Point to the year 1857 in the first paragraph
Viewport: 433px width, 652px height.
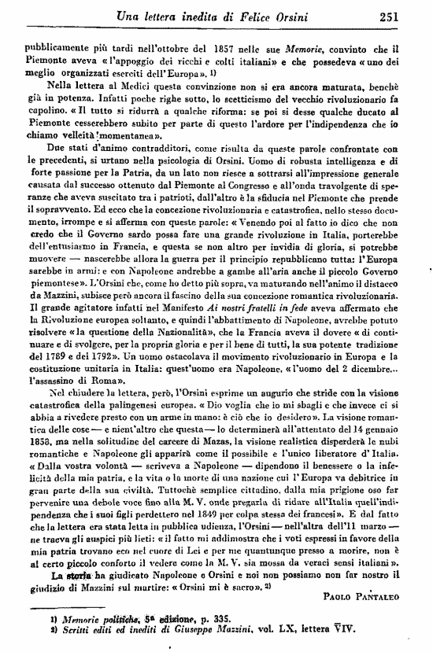[193, 46]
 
